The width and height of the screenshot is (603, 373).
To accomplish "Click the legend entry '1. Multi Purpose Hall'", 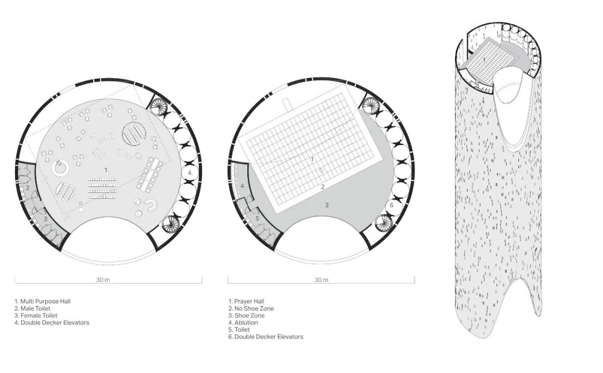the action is point(42,302).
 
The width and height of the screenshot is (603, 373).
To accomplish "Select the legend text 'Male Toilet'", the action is point(37,309).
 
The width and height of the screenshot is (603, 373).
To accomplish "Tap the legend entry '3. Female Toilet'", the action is point(40,315).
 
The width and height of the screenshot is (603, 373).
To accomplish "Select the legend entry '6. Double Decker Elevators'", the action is point(265,337).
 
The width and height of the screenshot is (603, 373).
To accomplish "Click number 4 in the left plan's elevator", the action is point(190,173).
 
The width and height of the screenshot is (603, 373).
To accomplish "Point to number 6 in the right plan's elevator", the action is point(391,205).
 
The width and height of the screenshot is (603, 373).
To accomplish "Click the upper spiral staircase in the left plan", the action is point(160,106).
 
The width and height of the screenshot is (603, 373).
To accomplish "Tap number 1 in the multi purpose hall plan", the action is point(105,169).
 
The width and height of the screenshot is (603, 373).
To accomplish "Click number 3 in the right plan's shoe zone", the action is point(327,205).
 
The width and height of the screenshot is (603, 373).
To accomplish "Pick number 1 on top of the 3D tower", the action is point(484,59).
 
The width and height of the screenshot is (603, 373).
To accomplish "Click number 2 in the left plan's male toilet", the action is point(27,188).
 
